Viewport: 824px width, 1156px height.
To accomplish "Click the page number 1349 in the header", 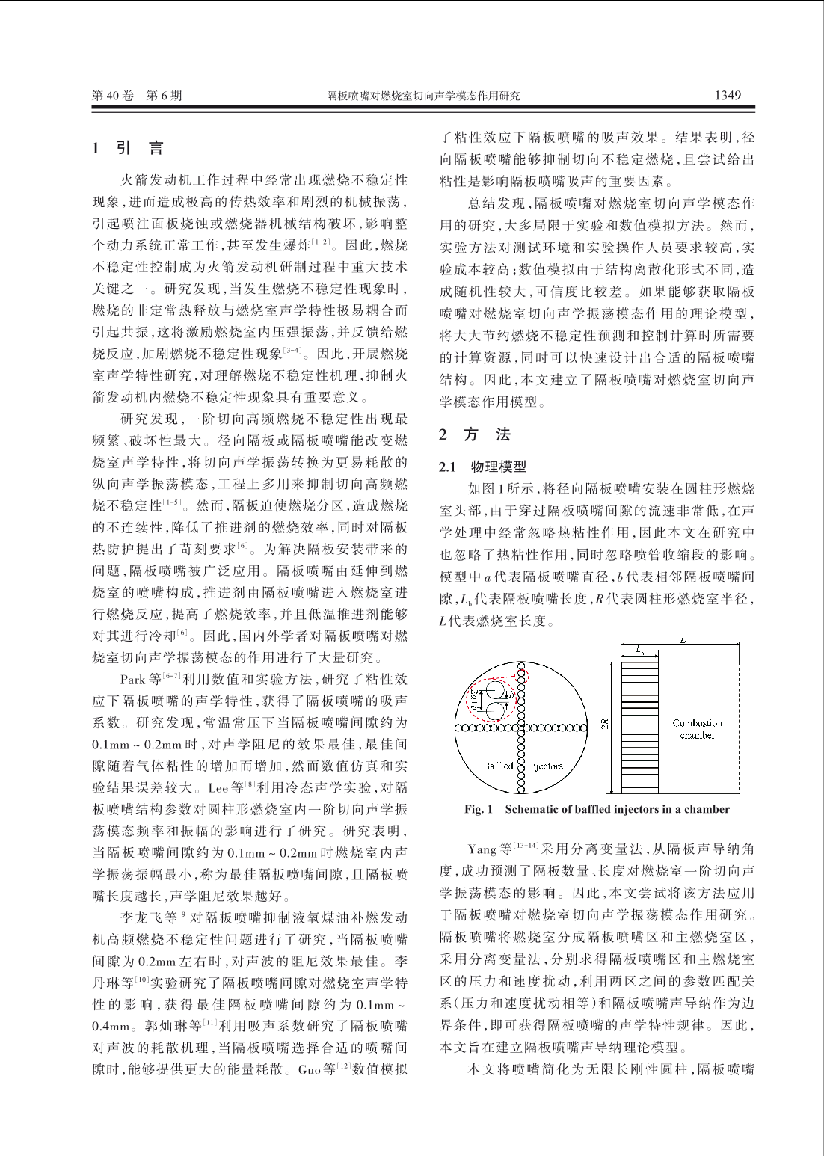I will (727, 95).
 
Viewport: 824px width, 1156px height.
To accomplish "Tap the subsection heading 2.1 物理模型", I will (482, 467).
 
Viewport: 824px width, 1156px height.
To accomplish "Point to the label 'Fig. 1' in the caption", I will (479, 809).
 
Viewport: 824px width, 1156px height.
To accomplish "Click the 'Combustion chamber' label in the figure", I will (697, 729).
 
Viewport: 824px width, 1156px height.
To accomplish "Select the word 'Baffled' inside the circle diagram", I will (498, 766).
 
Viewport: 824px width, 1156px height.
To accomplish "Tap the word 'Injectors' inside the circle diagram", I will (546, 766).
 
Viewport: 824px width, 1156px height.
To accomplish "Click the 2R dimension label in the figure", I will (604, 723).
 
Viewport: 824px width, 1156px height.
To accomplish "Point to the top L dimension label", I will (683, 640).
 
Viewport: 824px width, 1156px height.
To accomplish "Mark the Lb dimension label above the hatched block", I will (640, 651).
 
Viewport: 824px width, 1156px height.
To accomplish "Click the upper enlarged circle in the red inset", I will (494, 688).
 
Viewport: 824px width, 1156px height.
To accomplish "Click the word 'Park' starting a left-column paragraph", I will (133, 680).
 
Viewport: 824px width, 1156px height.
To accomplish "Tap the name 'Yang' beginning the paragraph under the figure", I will (482, 849).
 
